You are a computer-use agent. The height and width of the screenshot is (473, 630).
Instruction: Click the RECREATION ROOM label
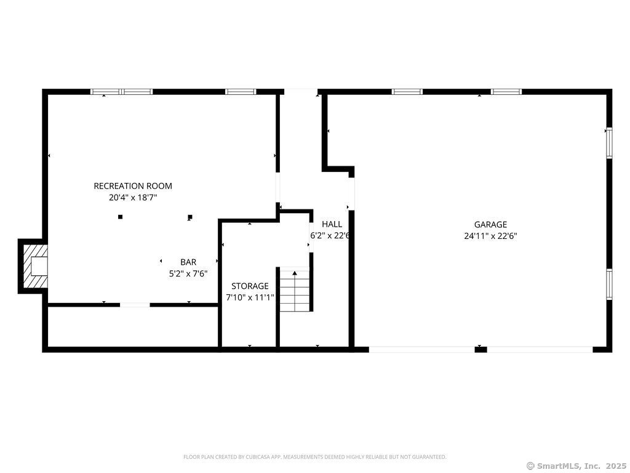pos(133,186)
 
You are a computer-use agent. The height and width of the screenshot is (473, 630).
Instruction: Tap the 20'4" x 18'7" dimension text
pos(133,198)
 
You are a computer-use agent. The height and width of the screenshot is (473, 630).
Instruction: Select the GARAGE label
pos(490,225)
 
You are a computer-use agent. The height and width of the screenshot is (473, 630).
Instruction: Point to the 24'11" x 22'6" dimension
pos(490,236)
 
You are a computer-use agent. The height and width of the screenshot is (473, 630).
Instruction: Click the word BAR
pos(188,262)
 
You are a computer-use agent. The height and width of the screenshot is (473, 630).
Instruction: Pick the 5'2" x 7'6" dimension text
pos(188,274)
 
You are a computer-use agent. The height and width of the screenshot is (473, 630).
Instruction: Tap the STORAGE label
pos(250,286)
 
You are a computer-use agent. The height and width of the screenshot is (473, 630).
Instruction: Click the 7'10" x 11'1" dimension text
pos(250,297)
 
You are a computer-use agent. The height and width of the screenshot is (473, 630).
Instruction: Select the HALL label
pos(332,224)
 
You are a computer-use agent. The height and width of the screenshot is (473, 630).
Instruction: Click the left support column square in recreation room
pos(120,217)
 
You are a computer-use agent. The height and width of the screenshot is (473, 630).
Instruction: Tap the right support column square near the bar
pos(190,217)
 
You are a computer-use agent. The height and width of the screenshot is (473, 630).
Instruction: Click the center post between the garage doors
pos(481,350)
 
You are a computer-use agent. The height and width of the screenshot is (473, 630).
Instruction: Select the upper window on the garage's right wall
pos(610,143)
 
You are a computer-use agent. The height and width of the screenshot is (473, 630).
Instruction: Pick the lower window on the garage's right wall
pos(610,285)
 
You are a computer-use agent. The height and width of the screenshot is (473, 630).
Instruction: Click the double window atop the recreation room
pos(121,92)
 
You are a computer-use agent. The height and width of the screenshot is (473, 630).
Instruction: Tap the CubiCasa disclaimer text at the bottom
pos(315,457)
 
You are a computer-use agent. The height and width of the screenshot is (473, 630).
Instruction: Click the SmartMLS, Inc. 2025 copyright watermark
pos(576,466)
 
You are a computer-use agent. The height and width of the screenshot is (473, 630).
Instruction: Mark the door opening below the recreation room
pos(135,305)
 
